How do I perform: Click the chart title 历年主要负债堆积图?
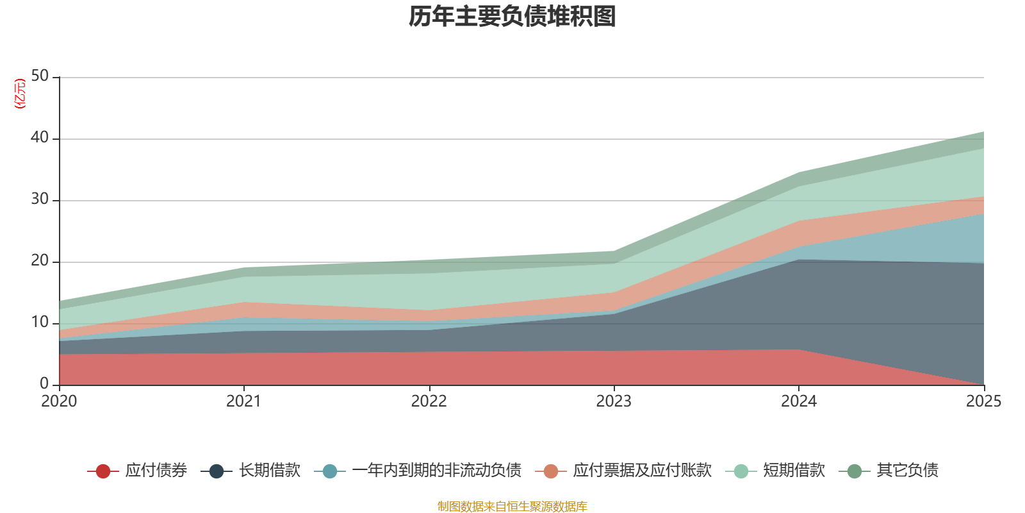(512, 17)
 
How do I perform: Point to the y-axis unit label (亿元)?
(20, 94)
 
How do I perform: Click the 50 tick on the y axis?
(40, 76)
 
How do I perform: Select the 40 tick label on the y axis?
(40, 137)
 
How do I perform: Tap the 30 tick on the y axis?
(40, 199)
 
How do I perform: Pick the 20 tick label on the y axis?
(40, 260)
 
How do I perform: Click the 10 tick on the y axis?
(40, 322)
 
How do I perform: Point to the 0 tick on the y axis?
(44, 383)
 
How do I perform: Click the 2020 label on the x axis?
(59, 401)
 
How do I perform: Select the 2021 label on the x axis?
(244, 401)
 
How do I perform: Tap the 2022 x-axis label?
(429, 401)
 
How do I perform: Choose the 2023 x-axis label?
(614, 401)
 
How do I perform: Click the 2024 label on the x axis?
(799, 401)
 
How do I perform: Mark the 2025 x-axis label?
(984, 401)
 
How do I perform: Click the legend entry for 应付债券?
(137, 471)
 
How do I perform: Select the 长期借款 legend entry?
(250, 471)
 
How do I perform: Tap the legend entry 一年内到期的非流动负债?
(418, 471)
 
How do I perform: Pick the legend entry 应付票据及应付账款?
(623, 471)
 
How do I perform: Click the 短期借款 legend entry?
(775, 471)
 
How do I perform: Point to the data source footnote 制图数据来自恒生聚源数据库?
(512, 506)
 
